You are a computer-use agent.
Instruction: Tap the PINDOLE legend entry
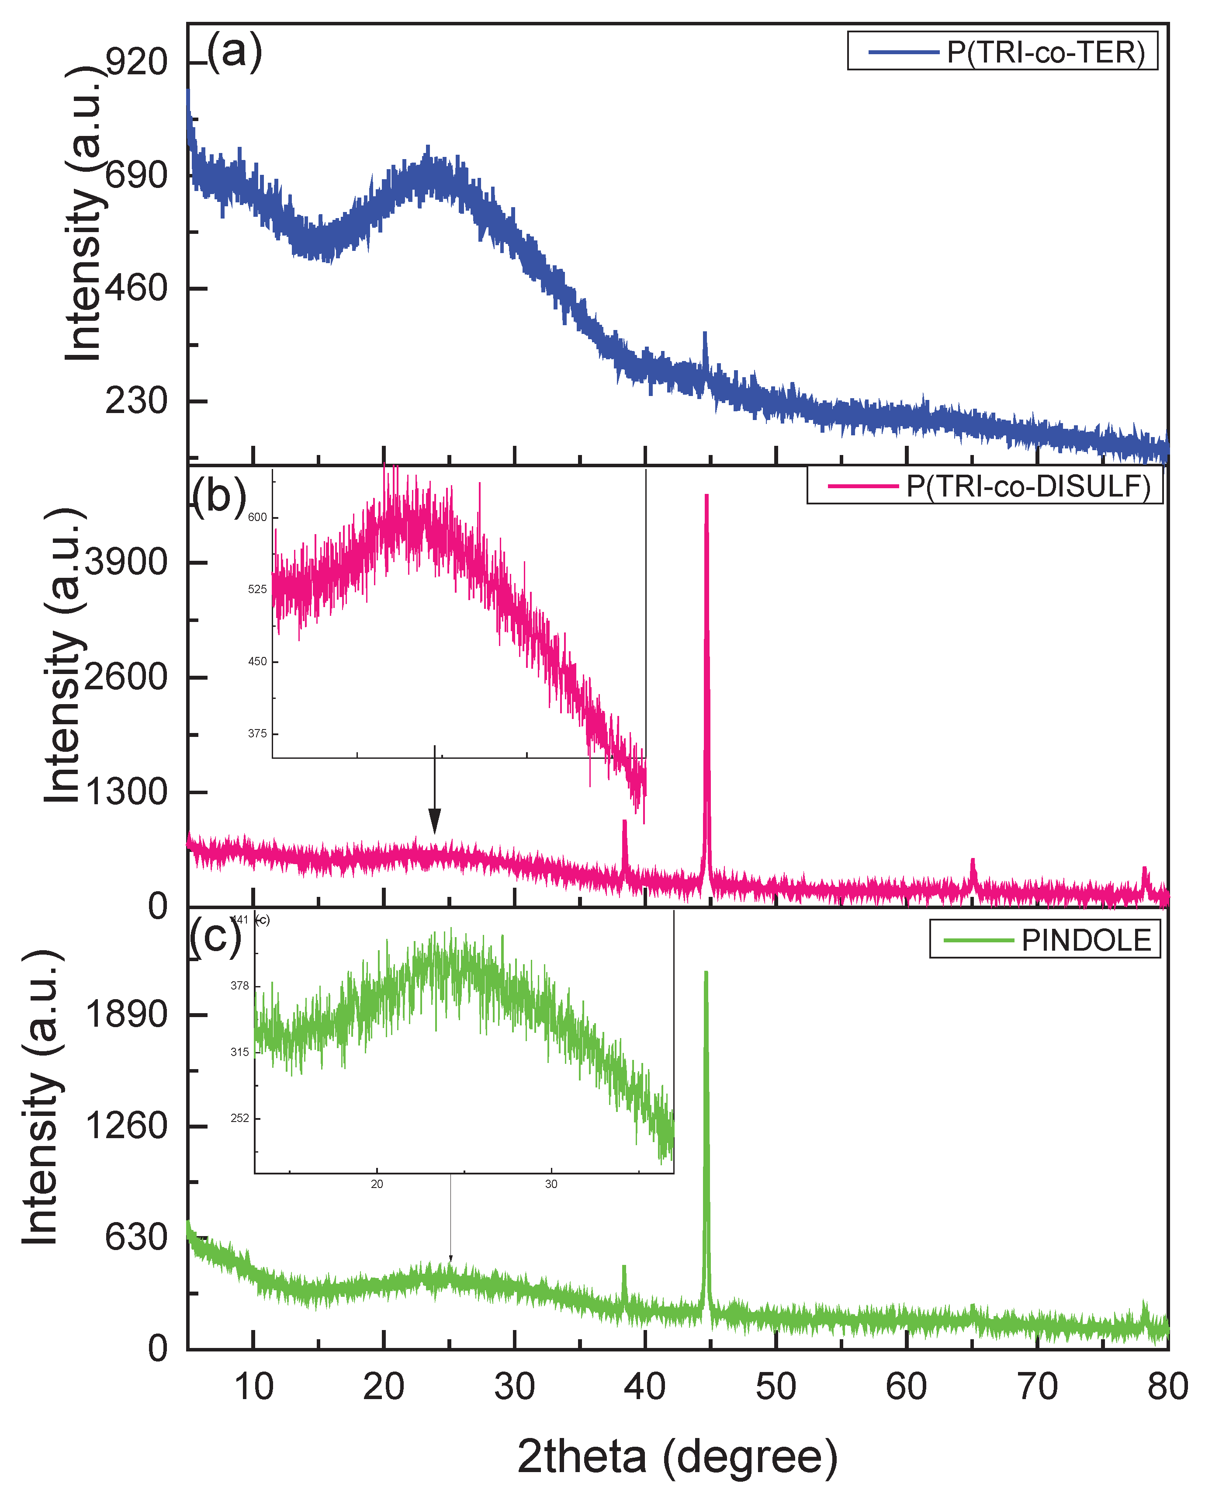pyautogui.click(x=1046, y=940)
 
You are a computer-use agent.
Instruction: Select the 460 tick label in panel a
pyautogui.click(x=137, y=288)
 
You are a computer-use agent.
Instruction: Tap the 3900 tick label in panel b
pyautogui.click(x=126, y=562)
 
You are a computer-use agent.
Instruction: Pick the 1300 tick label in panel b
pyautogui.click(x=126, y=792)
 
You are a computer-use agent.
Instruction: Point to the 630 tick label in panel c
pyautogui.click(x=137, y=1237)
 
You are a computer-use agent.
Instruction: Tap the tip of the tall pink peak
pyautogui.click(x=706, y=495)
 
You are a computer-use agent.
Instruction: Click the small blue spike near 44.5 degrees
pyautogui.click(x=705, y=334)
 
